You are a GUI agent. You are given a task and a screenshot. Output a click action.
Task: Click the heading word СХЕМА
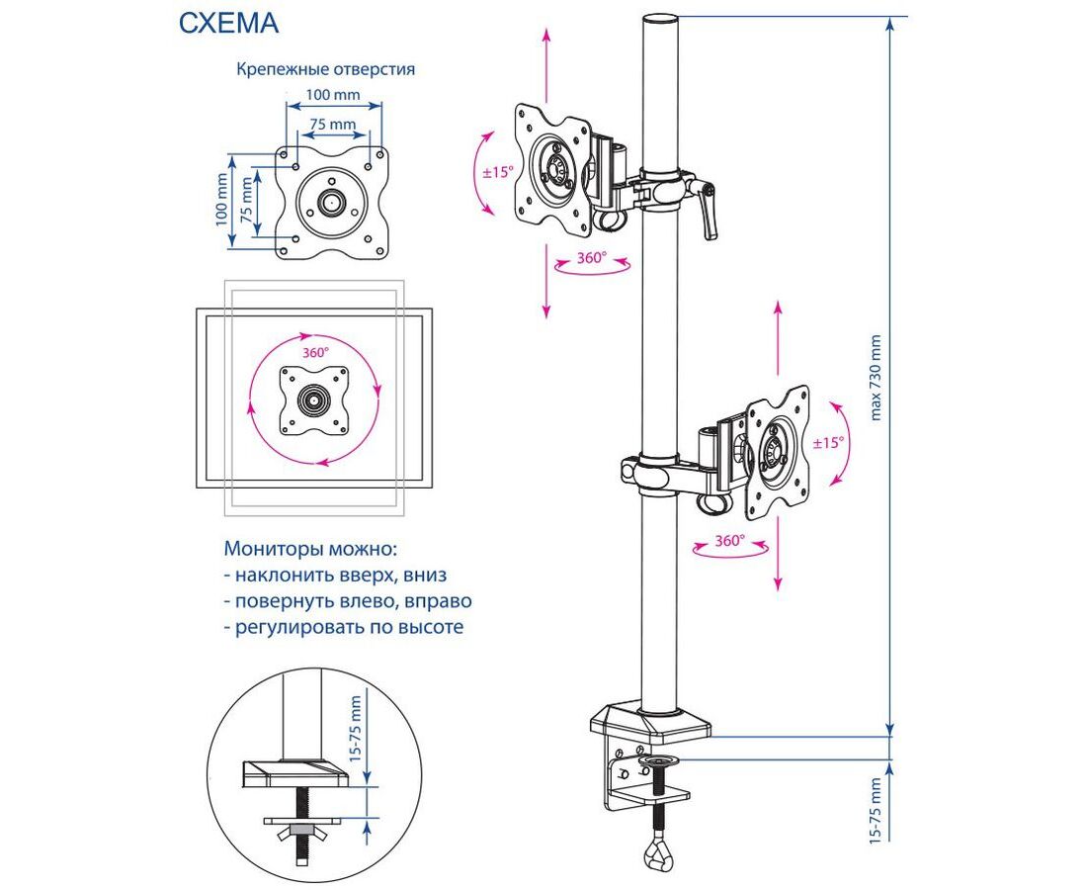[228, 24]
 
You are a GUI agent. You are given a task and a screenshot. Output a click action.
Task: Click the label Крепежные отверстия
[324, 70]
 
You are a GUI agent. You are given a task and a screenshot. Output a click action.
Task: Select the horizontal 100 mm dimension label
[332, 95]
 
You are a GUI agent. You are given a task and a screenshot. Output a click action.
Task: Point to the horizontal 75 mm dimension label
[333, 125]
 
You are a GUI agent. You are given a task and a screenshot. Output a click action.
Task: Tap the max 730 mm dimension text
[875, 376]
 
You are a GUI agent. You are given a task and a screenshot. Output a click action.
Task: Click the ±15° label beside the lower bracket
[828, 443]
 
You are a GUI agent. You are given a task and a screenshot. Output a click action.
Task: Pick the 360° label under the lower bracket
[729, 541]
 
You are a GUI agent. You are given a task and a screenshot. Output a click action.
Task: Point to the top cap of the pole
[660, 22]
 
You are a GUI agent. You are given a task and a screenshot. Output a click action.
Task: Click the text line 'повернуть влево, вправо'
[348, 601]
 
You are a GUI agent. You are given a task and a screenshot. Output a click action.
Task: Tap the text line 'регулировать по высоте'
[343, 627]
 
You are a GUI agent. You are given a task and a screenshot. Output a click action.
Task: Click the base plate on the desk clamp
[651, 723]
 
